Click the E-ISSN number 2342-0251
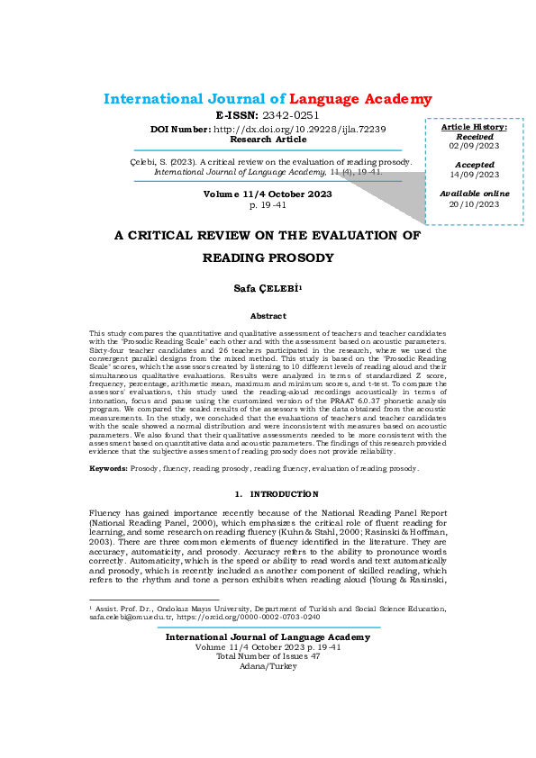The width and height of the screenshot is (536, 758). pos(291,116)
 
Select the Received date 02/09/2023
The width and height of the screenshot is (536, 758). pos(475,146)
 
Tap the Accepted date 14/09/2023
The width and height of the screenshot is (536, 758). pos(474,175)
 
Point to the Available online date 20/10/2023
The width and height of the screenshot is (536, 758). pos(474,203)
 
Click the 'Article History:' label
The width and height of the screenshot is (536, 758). pos(475,127)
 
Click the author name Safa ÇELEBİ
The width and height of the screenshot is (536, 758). pos(267,287)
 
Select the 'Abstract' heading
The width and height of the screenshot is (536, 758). pos(268,316)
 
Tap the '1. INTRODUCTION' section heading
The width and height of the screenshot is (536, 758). pos(268,494)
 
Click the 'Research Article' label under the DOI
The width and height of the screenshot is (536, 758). pos(268,140)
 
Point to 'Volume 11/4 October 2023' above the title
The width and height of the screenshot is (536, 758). pos(268,194)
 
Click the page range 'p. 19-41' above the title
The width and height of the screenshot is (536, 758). pos(268,205)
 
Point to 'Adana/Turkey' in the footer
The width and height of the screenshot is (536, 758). pos(268,666)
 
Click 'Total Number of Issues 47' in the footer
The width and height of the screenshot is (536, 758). pos(268,656)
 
